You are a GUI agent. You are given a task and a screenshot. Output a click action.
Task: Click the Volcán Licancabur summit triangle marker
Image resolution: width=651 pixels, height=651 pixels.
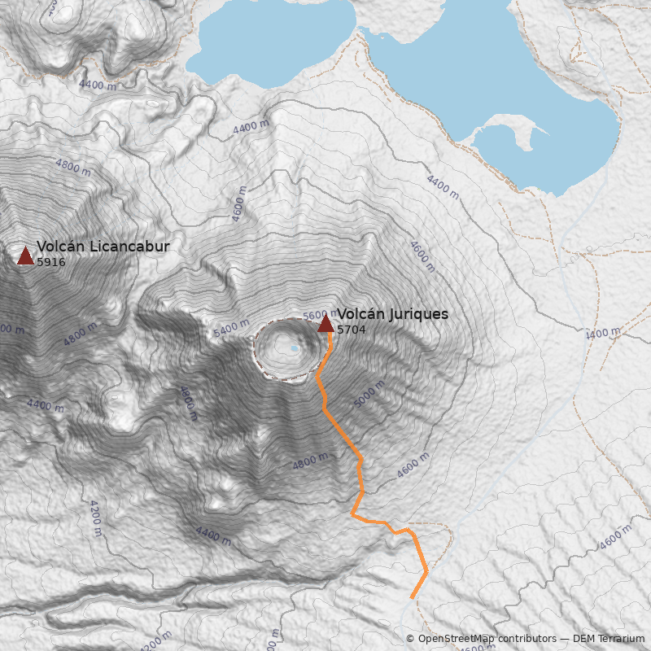[x=25, y=256]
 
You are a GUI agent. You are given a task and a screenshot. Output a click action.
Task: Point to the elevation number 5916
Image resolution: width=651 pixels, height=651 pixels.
[x=51, y=262]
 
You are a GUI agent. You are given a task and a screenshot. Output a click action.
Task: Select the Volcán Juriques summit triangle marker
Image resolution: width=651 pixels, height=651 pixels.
[x=325, y=324]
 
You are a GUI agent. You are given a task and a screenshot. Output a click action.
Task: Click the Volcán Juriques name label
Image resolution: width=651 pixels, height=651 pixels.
[x=392, y=314]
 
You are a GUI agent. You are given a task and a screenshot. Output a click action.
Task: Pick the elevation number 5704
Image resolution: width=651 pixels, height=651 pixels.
[x=352, y=330]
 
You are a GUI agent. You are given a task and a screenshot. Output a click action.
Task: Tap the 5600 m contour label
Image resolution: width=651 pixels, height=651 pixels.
[x=315, y=316]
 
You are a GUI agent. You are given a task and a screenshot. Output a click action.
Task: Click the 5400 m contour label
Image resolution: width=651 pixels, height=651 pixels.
[x=231, y=328]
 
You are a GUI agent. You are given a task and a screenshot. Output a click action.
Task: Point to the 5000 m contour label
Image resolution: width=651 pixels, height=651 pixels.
[x=369, y=397]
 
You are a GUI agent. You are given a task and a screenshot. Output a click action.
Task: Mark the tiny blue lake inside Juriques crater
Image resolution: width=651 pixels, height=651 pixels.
[x=295, y=348]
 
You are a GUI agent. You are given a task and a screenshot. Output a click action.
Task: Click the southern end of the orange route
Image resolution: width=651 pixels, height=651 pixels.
[x=412, y=598]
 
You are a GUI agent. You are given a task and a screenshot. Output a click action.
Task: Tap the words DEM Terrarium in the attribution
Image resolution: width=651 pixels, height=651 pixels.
[x=609, y=639]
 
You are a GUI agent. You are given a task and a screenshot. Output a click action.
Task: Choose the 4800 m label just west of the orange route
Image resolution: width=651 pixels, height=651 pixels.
[x=309, y=461]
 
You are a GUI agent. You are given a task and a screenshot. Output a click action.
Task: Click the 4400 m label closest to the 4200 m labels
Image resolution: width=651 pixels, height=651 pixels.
[x=212, y=535]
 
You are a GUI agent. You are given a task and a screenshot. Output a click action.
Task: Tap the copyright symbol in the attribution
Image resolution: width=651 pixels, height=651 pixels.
[x=410, y=639]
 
